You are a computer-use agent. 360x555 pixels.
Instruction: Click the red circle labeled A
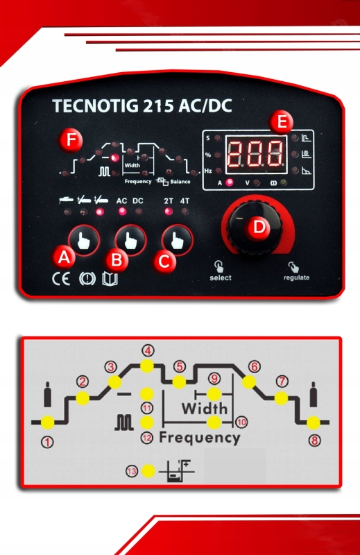pos(64,257)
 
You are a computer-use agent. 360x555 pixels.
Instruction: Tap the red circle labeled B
pos(117,260)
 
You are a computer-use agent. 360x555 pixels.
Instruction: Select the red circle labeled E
pos(281,122)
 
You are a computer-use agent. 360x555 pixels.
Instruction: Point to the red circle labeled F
pos(71,140)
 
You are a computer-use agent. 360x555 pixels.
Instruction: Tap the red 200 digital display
pos(256,153)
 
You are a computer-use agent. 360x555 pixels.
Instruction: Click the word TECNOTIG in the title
pos(95,106)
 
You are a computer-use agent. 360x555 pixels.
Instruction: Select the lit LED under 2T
pos(169,212)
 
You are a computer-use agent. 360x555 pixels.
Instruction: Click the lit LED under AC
pos(122,212)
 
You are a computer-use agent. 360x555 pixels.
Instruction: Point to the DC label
pos(138,201)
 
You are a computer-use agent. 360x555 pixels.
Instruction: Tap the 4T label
pos(185,201)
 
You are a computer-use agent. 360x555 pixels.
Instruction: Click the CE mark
pos(61,279)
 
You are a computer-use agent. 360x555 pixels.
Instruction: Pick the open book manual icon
pos(110,279)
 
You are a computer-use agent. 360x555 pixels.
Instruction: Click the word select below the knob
pos(220,278)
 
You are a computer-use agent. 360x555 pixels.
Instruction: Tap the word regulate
pos(296,278)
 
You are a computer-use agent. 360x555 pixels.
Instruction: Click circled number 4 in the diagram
pos(148,351)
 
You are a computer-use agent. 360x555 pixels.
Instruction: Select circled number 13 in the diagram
pos(132,472)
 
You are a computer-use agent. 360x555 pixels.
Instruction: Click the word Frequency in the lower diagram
pos(200,438)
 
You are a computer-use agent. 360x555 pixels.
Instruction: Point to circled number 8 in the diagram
pos(315,441)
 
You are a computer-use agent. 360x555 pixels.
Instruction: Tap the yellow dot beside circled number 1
pos(47,422)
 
